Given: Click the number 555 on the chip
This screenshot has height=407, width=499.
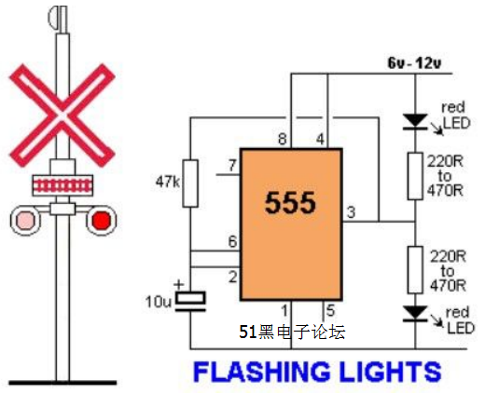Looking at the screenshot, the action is pos(290,203).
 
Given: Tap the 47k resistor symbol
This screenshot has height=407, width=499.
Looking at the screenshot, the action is pos(190,183).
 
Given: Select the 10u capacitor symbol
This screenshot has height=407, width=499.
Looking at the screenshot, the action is pos(190,301).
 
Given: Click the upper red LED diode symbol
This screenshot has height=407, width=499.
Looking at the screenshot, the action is pos(415,122).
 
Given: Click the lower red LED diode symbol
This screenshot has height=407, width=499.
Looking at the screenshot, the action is pos(415,314).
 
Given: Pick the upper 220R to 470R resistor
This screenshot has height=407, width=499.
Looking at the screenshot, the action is pos(415,176).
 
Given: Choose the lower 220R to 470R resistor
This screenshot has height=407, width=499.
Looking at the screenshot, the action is pos(415,270).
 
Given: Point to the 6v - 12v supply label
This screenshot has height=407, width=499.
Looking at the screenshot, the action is pos(414,63).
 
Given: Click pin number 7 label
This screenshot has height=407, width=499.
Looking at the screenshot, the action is pos(232,166).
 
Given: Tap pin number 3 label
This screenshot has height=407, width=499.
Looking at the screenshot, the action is pos(351,212).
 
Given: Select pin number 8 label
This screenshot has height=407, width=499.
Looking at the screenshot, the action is pos(283,139).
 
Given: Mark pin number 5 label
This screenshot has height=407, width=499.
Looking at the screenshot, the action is pos(331,310).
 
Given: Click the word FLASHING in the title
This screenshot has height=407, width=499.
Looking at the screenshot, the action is pos(261,372).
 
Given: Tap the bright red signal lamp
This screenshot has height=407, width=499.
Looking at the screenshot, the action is pos(102,220).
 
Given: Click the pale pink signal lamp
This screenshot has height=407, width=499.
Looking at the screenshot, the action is pos(25,220).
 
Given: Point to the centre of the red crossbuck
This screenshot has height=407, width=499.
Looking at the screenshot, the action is pos(62,115).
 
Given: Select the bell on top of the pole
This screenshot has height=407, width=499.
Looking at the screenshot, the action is pos(58,18).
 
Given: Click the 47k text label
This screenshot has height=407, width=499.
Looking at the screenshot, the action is pos(167,182).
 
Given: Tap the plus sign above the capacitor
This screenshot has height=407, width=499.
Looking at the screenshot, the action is pos(179,284).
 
